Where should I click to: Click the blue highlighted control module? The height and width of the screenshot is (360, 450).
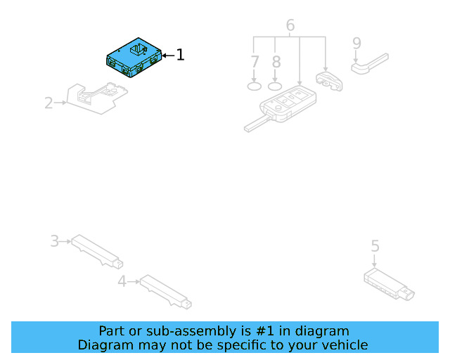pos(134,57)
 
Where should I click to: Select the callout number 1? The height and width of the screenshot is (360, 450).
pos(180,55)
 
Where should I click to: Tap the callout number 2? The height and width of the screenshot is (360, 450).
pos(49,103)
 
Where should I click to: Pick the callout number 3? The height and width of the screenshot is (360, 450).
pos(54,241)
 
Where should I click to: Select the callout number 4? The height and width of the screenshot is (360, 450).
pos(122,282)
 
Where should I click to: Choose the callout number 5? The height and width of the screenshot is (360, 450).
pos(375,245)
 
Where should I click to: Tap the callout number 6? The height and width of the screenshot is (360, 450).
pos(290,26)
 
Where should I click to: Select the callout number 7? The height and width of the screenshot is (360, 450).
pos(255,61)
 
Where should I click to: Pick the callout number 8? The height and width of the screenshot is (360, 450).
pos(276,61)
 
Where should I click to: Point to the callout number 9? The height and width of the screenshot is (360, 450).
pos(356,43)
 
